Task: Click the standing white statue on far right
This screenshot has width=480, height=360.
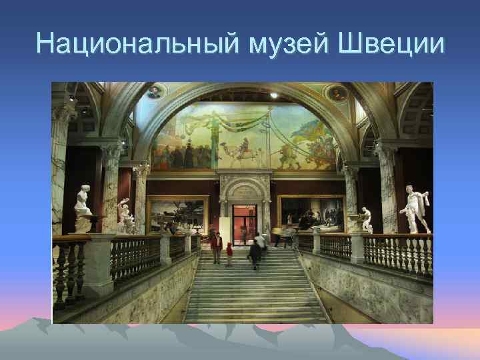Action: click(x=415, y=210)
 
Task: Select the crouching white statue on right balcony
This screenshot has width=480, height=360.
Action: click(x=365, y=221)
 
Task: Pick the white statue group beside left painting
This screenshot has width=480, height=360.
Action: click(x=124, y=217)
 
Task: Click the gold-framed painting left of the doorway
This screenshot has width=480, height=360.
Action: click(x=177, y=213)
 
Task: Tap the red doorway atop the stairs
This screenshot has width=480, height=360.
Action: click(x=244, y=223)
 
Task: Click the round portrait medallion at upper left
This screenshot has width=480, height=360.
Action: click(x=155, y=92)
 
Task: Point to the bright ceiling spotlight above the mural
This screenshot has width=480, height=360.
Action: click(x=273, y=95)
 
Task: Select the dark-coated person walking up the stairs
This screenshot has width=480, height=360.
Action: click(x=255, y=253)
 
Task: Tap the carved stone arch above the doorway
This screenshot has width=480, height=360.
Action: click(x=245, y=189)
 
